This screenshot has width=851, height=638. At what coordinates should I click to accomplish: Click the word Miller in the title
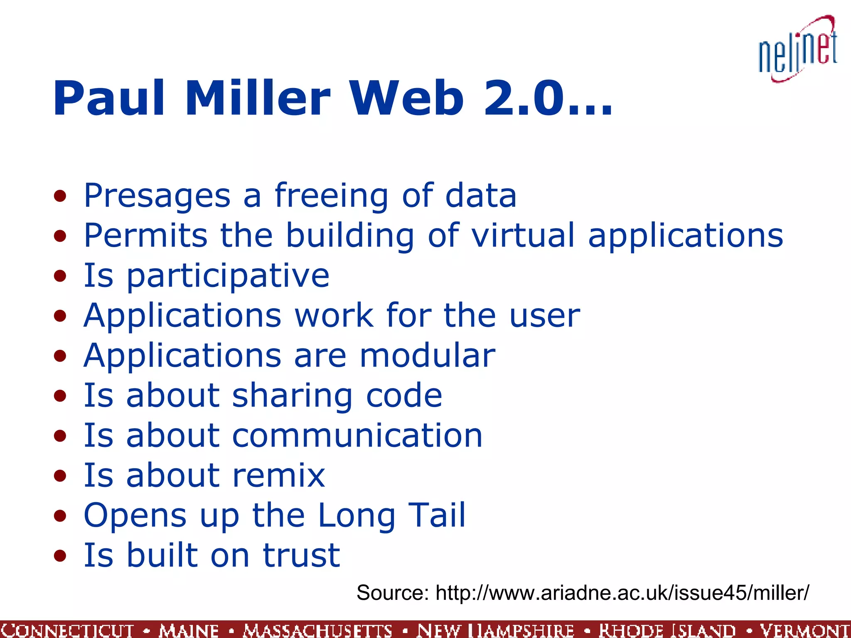click(x=258, y=99)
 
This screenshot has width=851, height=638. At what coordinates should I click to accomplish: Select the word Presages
click(x=157, y=196)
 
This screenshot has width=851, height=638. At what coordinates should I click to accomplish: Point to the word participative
click(x=228, y=276)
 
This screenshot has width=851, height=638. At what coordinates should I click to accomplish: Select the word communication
click(x=357, y=436)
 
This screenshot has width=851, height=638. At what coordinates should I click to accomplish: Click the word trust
click(x=301, y=555)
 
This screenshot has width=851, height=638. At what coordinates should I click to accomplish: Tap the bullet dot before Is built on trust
click(x=60, y=556)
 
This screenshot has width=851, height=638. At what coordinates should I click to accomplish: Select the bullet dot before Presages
click(x=60, y=196)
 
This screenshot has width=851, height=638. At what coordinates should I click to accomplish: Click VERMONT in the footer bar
click(x=804, y=630)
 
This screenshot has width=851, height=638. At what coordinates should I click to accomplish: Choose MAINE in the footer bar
click(x=189, y=630)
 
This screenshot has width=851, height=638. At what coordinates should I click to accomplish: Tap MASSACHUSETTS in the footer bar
click(x=318, y=630)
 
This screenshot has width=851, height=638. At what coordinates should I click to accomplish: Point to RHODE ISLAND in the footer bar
click(x=667, y=630)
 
